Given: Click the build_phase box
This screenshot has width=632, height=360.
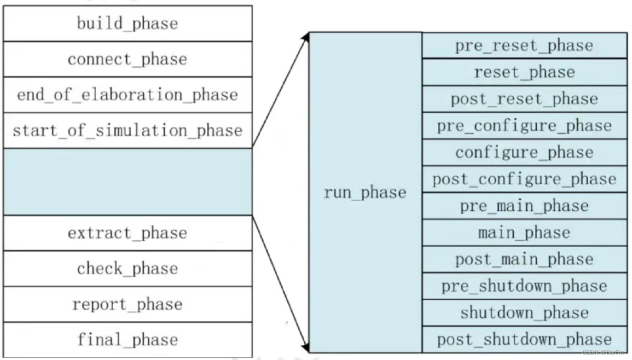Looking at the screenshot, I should pyautogui.click(x=127, y=24).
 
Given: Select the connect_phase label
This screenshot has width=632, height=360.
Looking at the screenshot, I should pyautogui.click(x=127, y=59).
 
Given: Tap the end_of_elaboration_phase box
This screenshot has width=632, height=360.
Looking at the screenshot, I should pyautogui.click(x=127, y=95).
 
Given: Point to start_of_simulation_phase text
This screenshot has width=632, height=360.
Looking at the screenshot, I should pyautogui.click(x=127, y=131).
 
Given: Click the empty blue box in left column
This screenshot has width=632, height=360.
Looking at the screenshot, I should pyautogui.click(x=127, y=181).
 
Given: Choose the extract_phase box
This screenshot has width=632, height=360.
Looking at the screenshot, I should pyautogui.click(x=127, y=233).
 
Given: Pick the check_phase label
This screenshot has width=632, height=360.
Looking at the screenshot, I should pyautogui.click(x=127, y=269).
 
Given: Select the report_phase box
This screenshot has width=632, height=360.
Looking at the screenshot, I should pyautogui.click(x=127, y=304).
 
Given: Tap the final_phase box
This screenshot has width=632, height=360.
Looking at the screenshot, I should pyautogui.click(x=127, y=340).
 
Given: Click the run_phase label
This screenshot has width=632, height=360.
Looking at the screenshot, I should pyautogui.click(x=365, y=193).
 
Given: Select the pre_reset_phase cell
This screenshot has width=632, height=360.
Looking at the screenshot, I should pyautogui.click(x=524, y=45).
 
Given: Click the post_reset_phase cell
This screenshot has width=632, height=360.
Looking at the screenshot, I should pyautogui.click(x=524, y=99).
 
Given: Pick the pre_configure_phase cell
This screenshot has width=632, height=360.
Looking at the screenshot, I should pyautogui.click(x=524, y=126).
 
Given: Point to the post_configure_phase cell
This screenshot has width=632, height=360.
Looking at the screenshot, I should pyautogui.click(x=524, y=179).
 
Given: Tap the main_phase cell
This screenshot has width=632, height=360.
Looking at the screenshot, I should pyautogui.click(x=524, y=233).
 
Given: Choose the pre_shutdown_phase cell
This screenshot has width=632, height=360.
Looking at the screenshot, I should pyautogui.click(x=524, y=286).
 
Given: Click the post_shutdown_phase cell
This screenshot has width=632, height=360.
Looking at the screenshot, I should pyautogui.click(x=524, y=339).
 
